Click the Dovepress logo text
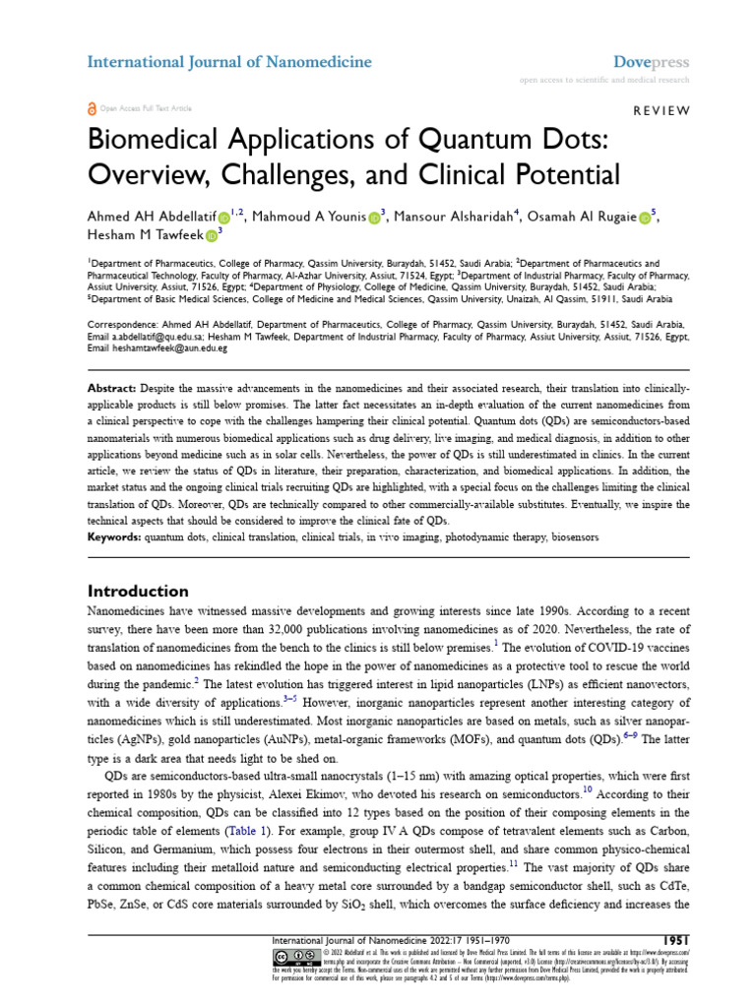(651, 62)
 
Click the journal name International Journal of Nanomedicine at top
(229, 62)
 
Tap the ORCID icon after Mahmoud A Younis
(375, 217)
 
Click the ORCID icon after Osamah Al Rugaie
(644, 217)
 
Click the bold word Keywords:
(114, 538)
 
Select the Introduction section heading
(139, 592)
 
